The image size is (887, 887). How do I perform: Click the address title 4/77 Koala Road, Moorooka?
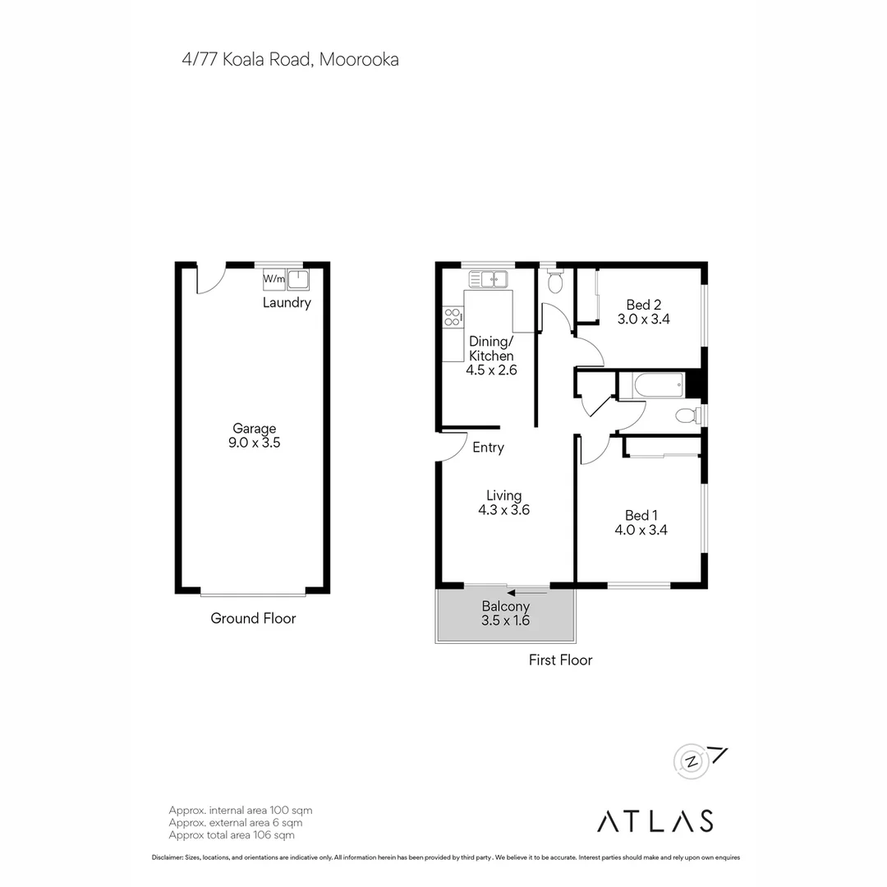click(291, 59)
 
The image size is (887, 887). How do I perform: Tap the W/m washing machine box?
click(274, 279)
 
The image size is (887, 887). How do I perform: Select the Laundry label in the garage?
click(287, 303)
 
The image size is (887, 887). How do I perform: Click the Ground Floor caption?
click(253, 618)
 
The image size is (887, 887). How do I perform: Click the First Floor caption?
click(560, 660)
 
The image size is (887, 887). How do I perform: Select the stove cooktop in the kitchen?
click(452, 316)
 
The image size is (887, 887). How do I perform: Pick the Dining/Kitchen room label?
click(491, 348)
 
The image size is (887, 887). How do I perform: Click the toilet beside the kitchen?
click(554, 282)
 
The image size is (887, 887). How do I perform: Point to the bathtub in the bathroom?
click(651, 385)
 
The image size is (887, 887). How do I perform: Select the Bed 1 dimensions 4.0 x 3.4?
click(641, 531)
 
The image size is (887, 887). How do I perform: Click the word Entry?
click(488, 448)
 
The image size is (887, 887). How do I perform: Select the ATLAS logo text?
click(655, 820)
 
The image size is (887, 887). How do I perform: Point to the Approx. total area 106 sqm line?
click(231, 835)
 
